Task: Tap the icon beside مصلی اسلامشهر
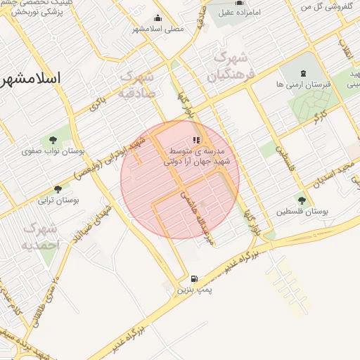[157, 19]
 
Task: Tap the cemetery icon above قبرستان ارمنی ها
[303, 73]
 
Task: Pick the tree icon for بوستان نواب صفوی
[53, 139]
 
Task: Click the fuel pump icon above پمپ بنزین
[193, 278]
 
